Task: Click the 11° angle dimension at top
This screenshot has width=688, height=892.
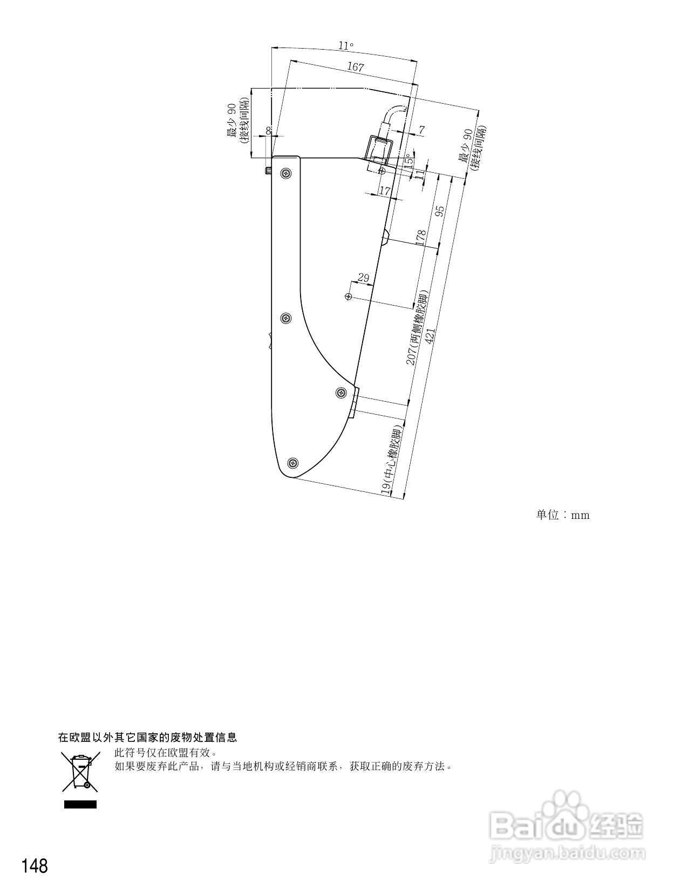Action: [x=346, y=46]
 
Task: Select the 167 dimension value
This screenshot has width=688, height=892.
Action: [x=355, y=67]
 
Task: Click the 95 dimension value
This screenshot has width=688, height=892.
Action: [x=440, y=210]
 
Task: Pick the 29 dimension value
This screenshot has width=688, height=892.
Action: [x=364, y=278]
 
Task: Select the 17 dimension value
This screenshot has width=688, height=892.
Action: [x=385, y=191]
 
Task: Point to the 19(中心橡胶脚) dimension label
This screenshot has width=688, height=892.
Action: [x=392, y=459]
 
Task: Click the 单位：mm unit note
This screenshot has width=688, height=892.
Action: [x=562, y=515]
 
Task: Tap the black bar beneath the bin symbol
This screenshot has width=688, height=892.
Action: [x=80, y=805]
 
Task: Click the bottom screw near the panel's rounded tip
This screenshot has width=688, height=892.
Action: [x=293, y=463]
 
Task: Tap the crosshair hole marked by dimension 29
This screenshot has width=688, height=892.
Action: [x=349, y=296]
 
